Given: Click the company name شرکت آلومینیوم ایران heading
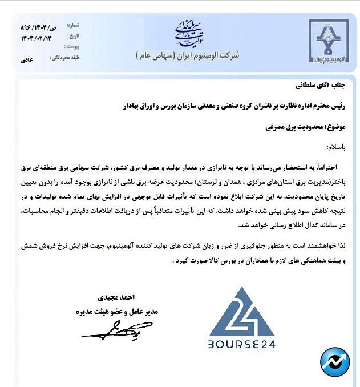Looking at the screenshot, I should tap(187, 56).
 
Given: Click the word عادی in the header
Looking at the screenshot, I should tap(27, 59).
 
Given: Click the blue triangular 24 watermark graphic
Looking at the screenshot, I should tap(241, 312).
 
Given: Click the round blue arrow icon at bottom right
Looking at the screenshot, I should tap(335, 361).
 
